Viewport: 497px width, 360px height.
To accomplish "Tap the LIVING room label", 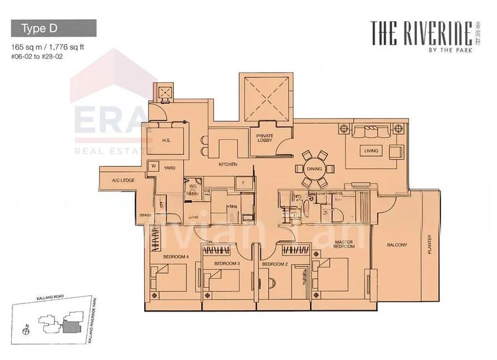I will pyautogui.click(x=372, y=150).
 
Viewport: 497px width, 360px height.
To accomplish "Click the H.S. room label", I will pyautogui.click(x=166, y=141).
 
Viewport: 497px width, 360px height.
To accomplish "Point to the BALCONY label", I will pyautogui.click(x=396, y=245).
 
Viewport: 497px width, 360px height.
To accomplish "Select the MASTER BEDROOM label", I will pyautogui.click(x=344, y=244).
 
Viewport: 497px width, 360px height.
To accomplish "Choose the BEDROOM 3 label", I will pyautogui.click(x=227, y=264).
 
